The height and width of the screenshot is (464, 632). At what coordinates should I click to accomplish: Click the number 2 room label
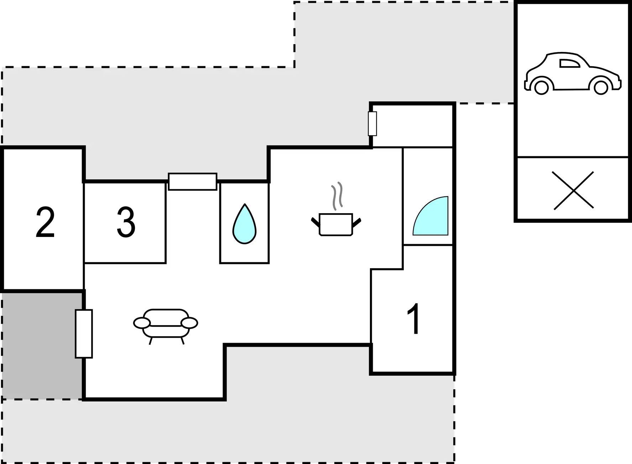[45, 223]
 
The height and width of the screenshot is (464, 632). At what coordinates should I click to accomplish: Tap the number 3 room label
[126, 223]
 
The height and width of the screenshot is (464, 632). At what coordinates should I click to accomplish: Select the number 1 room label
[413, 319]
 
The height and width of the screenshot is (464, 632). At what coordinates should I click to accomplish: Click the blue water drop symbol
[244, 224]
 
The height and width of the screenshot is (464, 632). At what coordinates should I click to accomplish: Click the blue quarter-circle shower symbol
[430, 216]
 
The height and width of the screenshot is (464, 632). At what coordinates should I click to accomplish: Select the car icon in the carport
[573, 74]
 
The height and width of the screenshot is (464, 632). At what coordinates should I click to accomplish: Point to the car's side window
[570, 63]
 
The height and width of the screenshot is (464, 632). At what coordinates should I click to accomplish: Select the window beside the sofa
[84, 334]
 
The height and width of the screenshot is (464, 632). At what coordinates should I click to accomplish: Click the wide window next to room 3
[193, 181]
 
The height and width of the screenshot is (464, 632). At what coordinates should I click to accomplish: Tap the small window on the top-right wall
[372, 123]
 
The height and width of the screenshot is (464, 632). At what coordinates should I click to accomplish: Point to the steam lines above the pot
[337, 195]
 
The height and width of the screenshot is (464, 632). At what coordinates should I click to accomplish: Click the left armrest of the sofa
[142, 323]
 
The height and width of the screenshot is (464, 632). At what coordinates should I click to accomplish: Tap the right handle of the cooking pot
[357, 222]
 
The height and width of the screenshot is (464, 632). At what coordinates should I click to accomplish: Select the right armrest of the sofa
[189, 323]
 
